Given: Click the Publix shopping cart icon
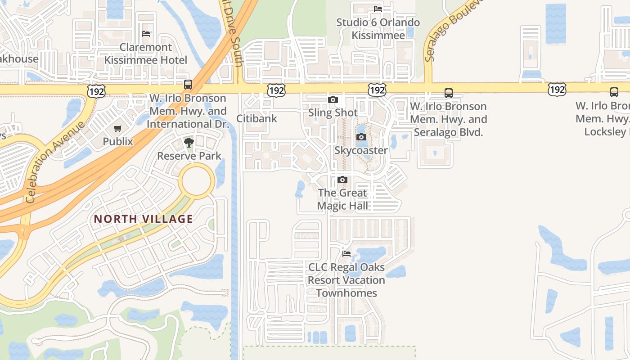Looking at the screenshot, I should [x=118, y=129].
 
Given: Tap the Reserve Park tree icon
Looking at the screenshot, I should [x=189, y=143].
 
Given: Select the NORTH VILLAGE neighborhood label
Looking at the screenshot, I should [x=143, y=219].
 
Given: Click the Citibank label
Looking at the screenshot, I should [x=257, y=119].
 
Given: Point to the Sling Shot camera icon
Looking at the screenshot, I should [x=333, y=100].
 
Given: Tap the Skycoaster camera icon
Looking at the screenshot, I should [x=361, y=137].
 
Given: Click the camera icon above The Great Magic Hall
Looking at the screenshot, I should [x=342, y=180].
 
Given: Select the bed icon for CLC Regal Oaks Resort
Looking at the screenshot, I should [x=346, y=254].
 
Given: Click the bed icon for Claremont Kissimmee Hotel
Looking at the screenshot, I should [x=145, y=34].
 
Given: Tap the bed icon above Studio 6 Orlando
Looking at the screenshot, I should [x=378, y=9].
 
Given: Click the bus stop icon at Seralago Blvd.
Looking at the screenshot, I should [x=449, y=93].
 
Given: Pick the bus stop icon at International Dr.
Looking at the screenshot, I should [x=188, y=84].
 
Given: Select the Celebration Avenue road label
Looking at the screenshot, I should [x=55, y=162].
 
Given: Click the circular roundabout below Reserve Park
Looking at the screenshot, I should [x=196, y=180].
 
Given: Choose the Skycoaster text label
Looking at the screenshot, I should [x=361, y=150].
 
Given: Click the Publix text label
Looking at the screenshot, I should [x=118, y=141].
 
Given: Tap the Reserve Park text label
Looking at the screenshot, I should [x=189, y=156].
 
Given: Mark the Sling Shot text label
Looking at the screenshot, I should [x=333, y=112].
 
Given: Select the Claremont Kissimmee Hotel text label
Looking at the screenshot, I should [x=146, y=54].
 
